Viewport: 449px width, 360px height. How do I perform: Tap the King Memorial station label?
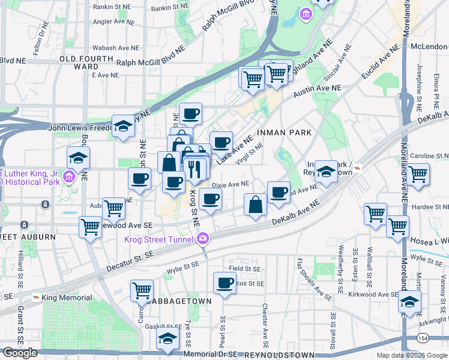tap(66, 298)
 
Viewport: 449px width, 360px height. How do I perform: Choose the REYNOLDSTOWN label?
tap(288, 355)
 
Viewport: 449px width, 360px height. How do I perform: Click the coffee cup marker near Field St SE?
tap(224, 282)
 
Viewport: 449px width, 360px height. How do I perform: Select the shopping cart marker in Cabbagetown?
tap(142, 291)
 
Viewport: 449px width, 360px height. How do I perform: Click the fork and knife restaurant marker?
tap(194, 170)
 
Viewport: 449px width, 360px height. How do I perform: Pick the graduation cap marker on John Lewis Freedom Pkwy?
tap(123, 126)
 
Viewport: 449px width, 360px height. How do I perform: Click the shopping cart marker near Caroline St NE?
tap(418, 174)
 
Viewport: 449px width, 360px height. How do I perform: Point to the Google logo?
tap(20, 353)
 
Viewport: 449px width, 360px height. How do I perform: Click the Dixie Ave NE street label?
tap(231, 184)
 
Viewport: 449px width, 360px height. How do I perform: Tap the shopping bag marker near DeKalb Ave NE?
tap(256, 205)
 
